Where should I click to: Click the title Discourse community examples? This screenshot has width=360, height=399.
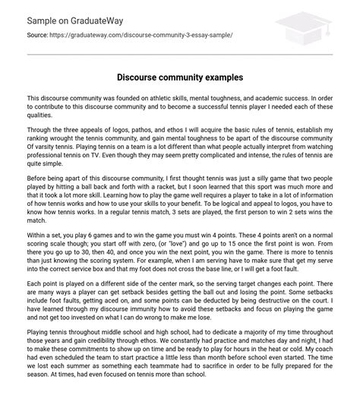pos(179,78)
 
